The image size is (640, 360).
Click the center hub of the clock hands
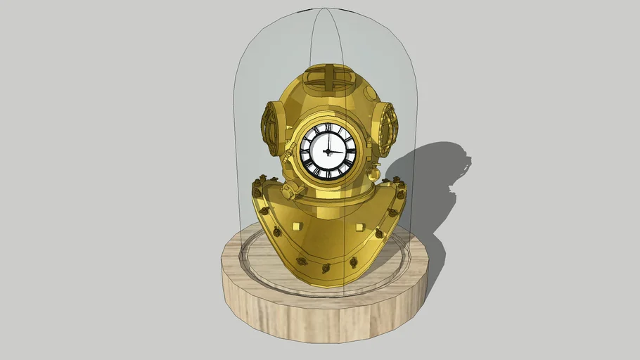click(x=325, y=151)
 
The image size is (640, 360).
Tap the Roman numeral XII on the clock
click(x=326, y=129)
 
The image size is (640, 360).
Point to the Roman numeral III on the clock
click(x=347, y=151)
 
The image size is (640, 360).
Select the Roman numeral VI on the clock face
click(x=325, y=173)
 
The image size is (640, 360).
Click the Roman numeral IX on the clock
click(x=305, y=151)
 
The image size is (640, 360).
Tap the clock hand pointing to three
click(x=335, y=151)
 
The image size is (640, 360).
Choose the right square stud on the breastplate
click(x=359, y=226)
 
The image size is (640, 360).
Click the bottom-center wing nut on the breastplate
click(x=326, y=268)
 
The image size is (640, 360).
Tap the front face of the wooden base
click(x=324, y=316)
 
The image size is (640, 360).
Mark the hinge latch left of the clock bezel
click(x=288, y=150)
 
